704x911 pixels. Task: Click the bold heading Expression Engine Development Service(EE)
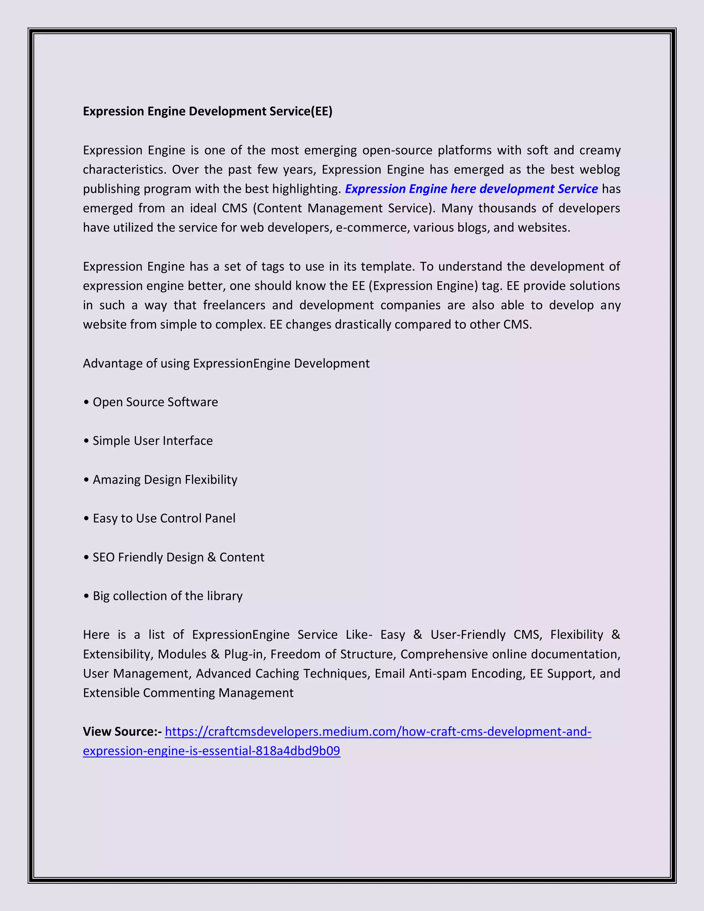click(x=207, y=111)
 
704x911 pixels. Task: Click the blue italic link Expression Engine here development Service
click(x=471, y=189)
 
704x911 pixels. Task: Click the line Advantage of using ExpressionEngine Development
click(x=226, y=363)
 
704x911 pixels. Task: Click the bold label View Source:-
click(x=122, y=732)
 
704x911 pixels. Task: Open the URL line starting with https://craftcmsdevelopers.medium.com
click(x=378, y=732)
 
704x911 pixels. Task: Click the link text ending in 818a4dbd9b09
click(x=211, y=751)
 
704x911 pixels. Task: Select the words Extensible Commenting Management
click(x=188, y=693)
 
